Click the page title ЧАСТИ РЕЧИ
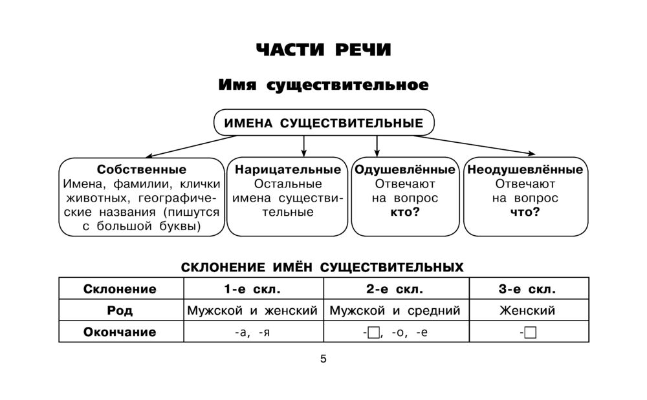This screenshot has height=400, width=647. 323,50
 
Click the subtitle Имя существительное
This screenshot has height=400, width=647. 323,85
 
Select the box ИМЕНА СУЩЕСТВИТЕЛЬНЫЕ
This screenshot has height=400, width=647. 323,123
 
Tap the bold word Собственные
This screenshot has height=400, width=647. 142,170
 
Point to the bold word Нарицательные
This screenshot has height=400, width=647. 288,170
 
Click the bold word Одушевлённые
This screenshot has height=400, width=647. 405,170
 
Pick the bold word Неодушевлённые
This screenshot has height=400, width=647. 525,170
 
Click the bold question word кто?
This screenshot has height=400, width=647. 405,212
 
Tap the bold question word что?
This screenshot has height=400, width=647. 525,212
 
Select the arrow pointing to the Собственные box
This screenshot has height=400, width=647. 188,147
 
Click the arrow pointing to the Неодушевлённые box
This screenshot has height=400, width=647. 479,146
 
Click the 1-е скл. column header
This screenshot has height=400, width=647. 252,289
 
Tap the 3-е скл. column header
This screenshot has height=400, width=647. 527,289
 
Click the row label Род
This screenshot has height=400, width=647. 120,311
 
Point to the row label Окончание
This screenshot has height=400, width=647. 120,333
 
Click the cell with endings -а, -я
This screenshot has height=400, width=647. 252,333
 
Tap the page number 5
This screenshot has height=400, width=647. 323,359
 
